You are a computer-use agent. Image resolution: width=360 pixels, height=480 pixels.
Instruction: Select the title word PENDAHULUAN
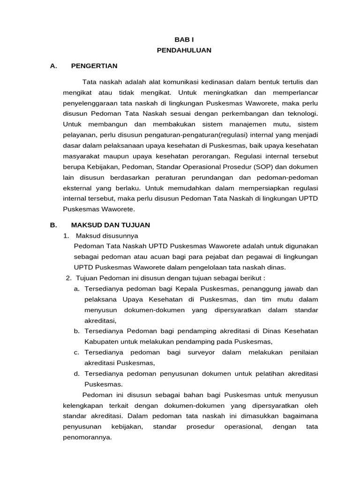click(x=184, y=50)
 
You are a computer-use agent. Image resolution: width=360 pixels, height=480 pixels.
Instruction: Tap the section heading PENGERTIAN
click(x=94, y=66)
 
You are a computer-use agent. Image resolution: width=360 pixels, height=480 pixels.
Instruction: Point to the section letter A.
click(x=53, y=66)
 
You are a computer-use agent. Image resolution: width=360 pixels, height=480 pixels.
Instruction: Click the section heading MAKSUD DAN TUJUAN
click(x=110, y=225)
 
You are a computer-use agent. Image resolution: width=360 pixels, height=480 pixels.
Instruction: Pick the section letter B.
click(x=53, y=225)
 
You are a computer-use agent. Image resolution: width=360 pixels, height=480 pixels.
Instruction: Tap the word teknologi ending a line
click(x=301, y=113)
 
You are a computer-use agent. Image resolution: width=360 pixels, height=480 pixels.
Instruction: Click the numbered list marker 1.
click(x=66, y=236)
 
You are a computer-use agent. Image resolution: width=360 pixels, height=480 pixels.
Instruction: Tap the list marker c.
click(x=76, y=352)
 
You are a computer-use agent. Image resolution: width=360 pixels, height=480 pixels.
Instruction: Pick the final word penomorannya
click(x=87, y=437)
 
